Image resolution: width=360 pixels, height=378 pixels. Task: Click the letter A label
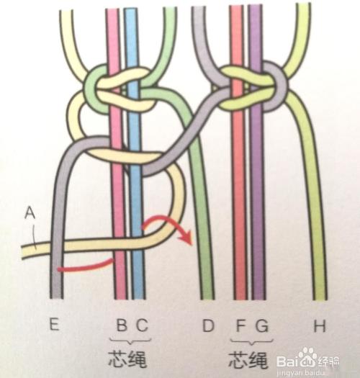coord(30,213)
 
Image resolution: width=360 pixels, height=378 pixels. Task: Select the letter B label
coord(122,325)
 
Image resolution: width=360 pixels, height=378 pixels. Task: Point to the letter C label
coord(143,325)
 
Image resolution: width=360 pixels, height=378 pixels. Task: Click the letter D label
coord(208,325)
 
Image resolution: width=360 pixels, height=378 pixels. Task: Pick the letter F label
coord(240,325)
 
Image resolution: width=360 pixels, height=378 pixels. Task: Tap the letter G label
coord(261,325)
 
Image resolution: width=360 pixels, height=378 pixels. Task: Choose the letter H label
coord(320,325)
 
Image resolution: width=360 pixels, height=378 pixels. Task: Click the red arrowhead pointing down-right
coord(187,238)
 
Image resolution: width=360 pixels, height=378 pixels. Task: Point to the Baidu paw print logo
coord(307,356)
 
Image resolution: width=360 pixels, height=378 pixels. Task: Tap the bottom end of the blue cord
coord(138,299)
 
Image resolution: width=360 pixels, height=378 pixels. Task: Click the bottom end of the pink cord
coord(120,299)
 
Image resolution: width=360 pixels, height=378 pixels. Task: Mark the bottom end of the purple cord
coord(258,299)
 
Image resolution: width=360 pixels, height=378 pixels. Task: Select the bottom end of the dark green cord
coord(207,299)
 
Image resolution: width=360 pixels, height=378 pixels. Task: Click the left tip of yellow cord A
coord(22,252)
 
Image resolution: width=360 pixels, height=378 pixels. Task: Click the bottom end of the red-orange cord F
coord(240,299)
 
